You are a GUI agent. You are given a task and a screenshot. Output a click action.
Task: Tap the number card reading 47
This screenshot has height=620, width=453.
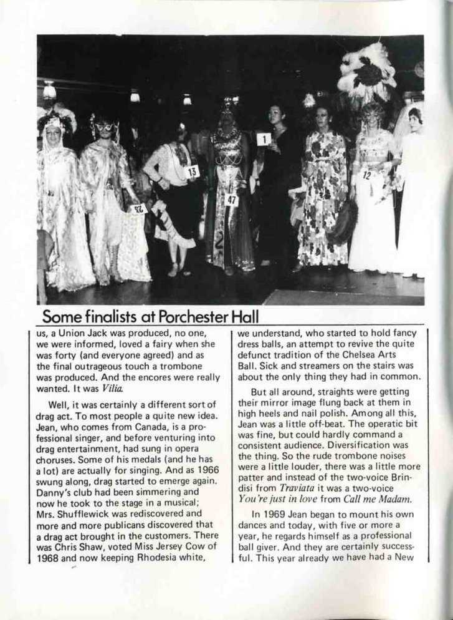click(x=232, y=200)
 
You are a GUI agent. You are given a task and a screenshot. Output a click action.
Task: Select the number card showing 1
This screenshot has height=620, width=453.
click(x=264, y=139)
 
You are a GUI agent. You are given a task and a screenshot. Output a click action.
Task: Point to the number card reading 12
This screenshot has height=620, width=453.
click(x=367, y=176)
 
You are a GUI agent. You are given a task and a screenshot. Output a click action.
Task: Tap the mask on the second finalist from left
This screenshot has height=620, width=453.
click(x=104, y=127)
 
